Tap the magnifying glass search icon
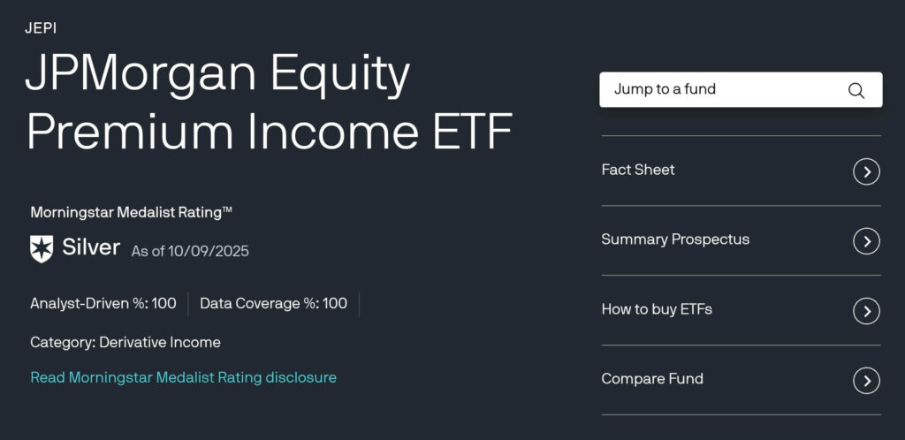[x=856, y=90]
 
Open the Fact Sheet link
[x=638, y=170]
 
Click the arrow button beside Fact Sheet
[x=866, y=171]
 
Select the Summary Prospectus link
[x=675, y=239]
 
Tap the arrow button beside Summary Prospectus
[x=866, y=240]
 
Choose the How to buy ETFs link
[x=657, y=309]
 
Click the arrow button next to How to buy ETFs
[x=866, y=310]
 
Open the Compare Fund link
[x=652, y=379]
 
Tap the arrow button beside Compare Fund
[x=866, y=380]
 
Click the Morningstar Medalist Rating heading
[x=132, y=212]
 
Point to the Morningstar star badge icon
[x=42, y=248]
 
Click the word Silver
[x=91, y=247]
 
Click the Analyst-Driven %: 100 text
[x=103, y=304]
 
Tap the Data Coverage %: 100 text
[x=273, y=304]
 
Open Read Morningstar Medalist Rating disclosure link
[x=183, y=377]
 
